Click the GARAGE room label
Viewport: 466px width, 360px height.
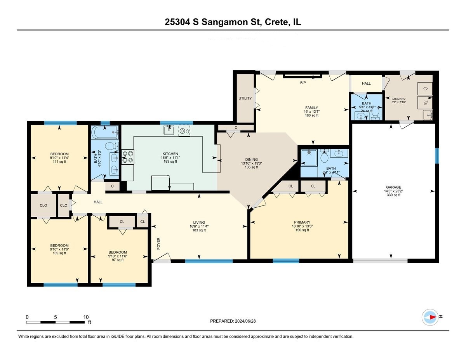point(393,187)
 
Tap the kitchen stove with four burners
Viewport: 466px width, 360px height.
point(128,157)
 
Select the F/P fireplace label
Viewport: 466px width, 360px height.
point(303,83)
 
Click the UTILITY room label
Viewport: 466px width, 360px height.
point(245,98)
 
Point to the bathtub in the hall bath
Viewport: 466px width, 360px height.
point(104,132)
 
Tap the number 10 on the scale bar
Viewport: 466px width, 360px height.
point(86,317)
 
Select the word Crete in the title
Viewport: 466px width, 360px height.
point(276,22)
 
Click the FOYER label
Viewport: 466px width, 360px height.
point(158,243)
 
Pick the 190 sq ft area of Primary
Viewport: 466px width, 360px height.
point(302,230)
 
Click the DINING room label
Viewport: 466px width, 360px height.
point(251,160)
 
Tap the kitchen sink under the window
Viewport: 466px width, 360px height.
point(169,130)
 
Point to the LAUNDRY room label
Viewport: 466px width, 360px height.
point(398,99)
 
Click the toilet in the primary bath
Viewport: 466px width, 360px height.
point(324,157)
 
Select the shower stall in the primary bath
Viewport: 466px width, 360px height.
point(309,158)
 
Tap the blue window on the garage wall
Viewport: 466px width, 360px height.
point(437,156)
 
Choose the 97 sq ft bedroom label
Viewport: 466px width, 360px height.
point(118,260)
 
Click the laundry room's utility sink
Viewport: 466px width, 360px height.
point(428,115)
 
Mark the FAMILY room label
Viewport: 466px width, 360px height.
point(311,108)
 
